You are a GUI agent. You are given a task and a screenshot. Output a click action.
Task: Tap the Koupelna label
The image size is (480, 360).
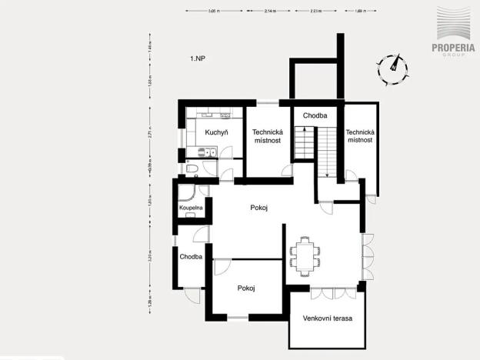(191, 208)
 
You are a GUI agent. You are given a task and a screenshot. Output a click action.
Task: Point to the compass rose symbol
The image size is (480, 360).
(392, 68)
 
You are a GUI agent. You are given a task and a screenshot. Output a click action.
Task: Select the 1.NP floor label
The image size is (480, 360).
(199, 58)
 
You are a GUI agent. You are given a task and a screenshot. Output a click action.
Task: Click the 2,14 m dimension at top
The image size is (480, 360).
(270, 12)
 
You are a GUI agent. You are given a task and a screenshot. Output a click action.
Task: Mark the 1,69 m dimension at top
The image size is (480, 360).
(361, 12)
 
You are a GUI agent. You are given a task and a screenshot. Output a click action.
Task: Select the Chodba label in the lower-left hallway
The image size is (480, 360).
(191, 257)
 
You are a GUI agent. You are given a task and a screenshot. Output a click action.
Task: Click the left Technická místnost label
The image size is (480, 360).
(268, 136)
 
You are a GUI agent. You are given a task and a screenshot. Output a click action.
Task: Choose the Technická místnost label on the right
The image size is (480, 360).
(360, 136)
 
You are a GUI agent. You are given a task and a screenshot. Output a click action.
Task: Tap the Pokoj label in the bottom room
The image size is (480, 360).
(246, 288)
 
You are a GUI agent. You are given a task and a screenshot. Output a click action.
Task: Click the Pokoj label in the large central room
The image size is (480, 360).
(258, 208)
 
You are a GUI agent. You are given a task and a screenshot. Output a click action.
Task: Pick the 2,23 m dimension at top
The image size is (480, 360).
(315, 12)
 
